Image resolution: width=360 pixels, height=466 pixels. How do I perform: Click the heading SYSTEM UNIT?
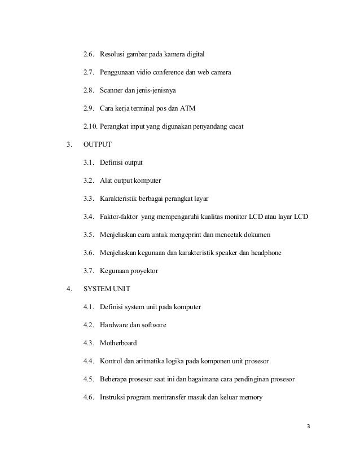[107, 289]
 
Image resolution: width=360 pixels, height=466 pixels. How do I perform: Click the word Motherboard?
[118, 343]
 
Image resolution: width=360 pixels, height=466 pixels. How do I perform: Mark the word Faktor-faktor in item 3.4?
[120, 217]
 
